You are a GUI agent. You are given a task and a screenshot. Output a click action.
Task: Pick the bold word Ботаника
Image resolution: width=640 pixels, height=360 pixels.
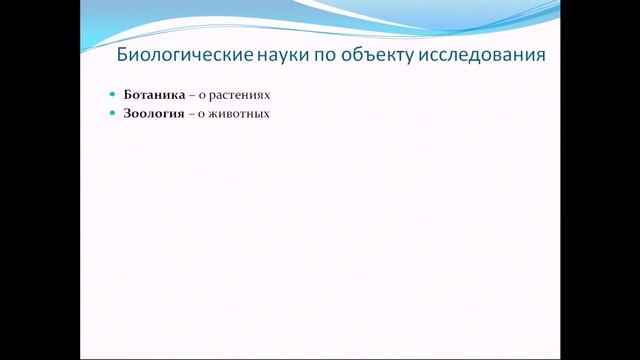tap(154, 95)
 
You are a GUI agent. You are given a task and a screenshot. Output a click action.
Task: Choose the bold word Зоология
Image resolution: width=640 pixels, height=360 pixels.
tap(154, 113)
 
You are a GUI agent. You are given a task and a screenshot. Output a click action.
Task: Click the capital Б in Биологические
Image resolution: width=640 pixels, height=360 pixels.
tap(123, 56)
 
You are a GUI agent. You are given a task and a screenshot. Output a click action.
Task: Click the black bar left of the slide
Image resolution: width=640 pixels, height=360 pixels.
tap(40, 180)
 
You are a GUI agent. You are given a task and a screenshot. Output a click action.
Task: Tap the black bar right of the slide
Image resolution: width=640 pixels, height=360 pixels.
tap(600, 180)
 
